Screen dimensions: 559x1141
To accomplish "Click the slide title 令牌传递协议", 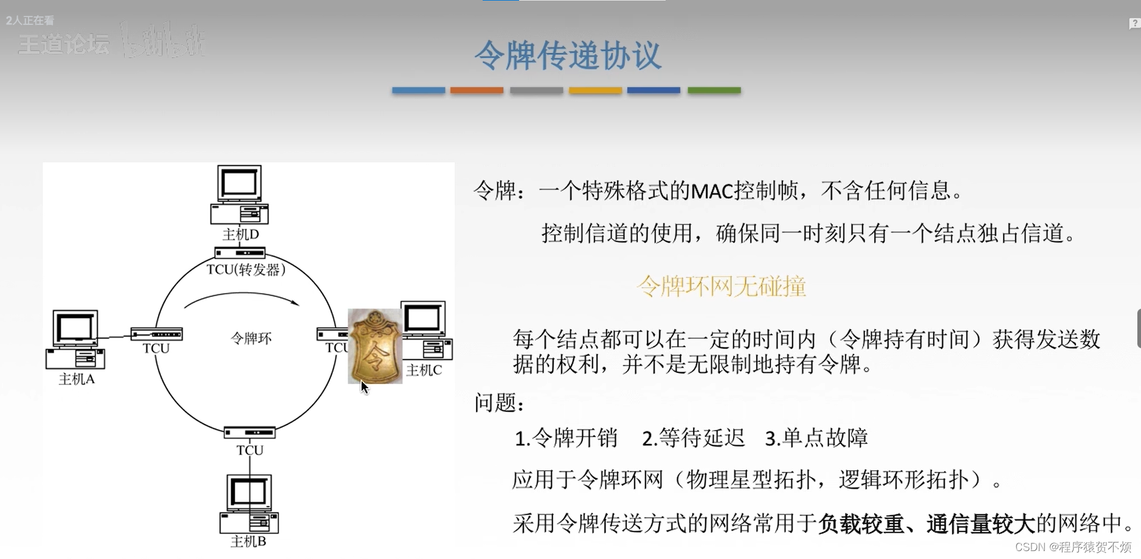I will coord(567,55).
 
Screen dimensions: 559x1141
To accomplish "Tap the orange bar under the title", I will coord(477,91).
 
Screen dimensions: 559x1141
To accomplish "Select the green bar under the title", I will coord(714,91).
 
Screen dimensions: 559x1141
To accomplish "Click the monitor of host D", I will coord(240,183).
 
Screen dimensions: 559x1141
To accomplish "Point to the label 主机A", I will coord(77,379).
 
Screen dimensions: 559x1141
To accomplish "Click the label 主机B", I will coord(248,541).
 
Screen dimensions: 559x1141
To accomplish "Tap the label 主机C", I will coord(424,370).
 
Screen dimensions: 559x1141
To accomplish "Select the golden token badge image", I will coord(374,345).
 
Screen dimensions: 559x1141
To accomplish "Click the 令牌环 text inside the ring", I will coord(251,338).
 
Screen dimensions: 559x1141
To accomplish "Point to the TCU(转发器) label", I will coord(246,269).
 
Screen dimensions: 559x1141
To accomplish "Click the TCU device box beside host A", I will coord(156,334).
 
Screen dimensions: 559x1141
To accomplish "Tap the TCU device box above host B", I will coord(249,432).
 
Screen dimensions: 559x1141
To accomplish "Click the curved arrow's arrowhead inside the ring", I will coord(295,302).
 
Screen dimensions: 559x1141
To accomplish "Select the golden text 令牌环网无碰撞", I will coord(721,286).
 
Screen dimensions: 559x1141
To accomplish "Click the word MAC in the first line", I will coord(712,191).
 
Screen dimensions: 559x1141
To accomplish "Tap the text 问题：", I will coord(499,403).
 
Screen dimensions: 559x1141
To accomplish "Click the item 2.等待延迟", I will coord(693,438).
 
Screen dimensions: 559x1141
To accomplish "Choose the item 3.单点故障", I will coord(816,438).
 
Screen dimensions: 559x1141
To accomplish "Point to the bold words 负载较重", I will coord(861,523).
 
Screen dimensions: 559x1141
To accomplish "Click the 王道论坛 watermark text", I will coord(64,44).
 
